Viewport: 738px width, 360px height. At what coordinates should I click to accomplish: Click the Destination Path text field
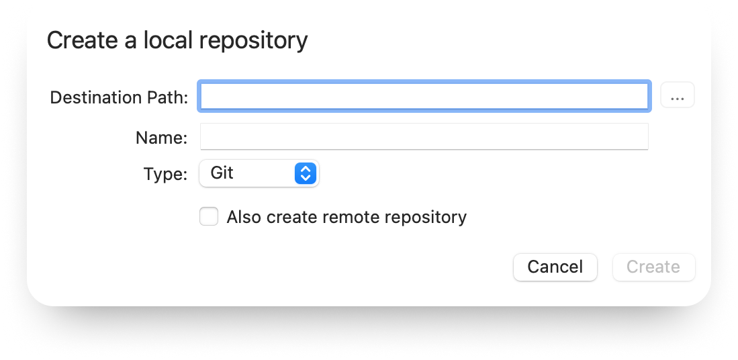[x=424, y=97]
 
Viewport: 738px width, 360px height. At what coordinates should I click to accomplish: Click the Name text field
[x=424, y=136]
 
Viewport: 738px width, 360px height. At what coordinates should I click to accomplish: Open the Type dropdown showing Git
[x=259, y=173]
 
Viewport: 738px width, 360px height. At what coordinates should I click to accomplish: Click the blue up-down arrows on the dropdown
[x=306, y=173]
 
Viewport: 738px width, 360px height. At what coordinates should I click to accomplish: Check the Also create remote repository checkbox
[x=208, y=217]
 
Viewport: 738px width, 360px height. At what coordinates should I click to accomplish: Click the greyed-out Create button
[x=653, y=267]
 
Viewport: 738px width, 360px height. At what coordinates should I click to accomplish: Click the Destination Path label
[x=119, y=97]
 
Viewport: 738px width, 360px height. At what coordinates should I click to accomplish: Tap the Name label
[x=161, y=138]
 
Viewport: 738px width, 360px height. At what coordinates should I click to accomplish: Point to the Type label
[x=165, y=174]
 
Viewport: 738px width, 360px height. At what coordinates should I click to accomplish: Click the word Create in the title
[x=82, y=40]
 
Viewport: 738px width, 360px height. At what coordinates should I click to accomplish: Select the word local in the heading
[x=168, y=40]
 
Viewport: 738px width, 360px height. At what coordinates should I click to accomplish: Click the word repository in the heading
[x=253, y=41]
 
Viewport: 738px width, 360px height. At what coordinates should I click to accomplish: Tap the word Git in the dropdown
[x=222, y=173]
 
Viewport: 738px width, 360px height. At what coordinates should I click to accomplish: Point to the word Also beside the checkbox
[x=244, y=217]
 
